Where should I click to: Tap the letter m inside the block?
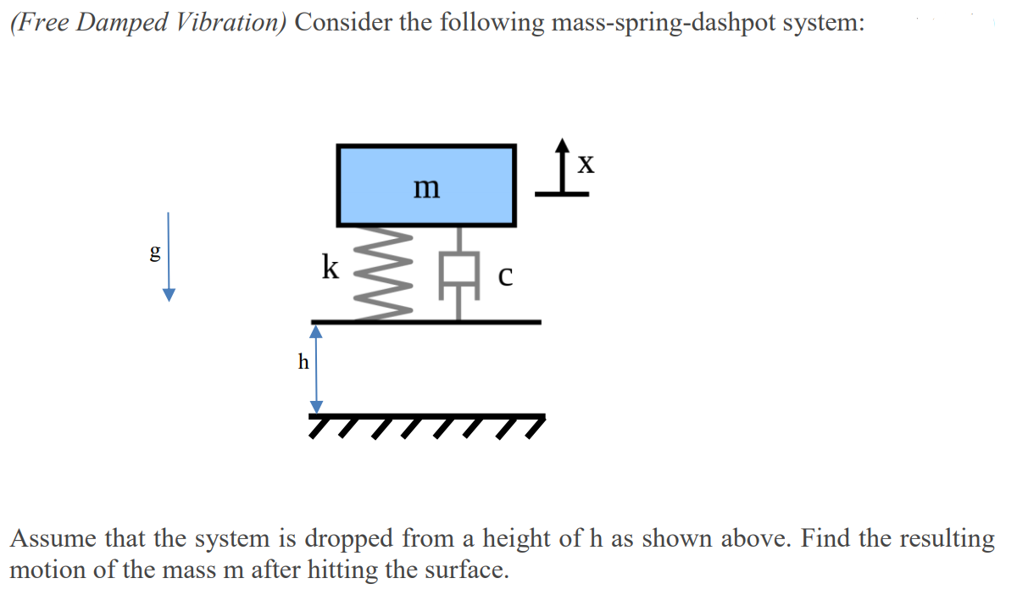[426, 187]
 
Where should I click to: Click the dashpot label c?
[505, 276]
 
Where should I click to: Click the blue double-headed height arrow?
[316, 369]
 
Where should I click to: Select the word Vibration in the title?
[232, 23]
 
